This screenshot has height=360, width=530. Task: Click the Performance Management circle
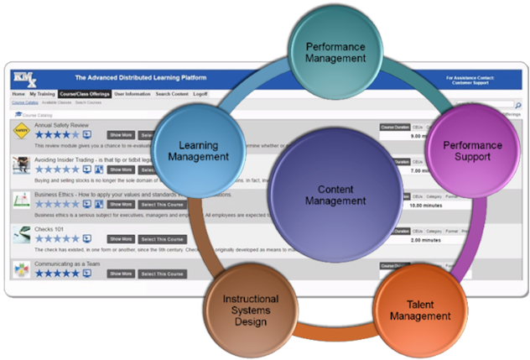tap(335, 52)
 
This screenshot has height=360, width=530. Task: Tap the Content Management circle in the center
tap(335, 195)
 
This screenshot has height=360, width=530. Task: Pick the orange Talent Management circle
tap(420, 309)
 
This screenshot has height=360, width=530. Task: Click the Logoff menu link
tap(200, 95)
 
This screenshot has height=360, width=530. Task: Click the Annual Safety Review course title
tap(62, 125)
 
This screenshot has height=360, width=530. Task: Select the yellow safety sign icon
tap(21, 130)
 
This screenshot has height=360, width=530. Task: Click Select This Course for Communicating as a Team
tap(163, 274)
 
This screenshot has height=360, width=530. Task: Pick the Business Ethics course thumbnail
tap(21, 199)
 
